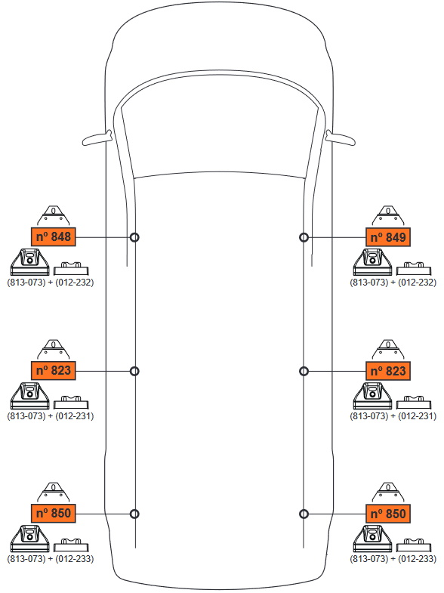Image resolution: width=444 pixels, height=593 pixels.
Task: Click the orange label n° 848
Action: [54, 236]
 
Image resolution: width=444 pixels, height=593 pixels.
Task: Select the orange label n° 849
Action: [388, 237]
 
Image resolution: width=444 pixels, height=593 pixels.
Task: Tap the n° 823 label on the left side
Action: [54, 370]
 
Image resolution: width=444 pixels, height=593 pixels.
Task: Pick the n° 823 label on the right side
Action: [388, 371]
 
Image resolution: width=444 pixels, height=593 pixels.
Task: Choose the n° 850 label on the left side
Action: [54, 513]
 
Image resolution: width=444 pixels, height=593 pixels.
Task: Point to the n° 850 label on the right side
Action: [388, 514]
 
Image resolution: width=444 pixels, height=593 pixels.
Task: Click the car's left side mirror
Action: [97, 138]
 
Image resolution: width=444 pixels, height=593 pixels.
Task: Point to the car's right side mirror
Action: [341, 138]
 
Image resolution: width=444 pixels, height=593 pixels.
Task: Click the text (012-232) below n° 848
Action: [75, 282]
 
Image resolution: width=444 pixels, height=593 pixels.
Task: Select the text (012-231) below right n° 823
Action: [417, 416]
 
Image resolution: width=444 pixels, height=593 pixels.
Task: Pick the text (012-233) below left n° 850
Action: [75, 558]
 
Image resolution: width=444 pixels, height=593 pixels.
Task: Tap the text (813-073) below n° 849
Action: [369, 282]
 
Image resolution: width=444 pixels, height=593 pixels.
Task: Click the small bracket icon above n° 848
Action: [54, 216]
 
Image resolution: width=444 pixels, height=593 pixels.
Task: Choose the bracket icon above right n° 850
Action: [388, 493]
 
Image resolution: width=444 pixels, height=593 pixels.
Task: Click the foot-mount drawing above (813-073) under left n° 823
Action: [30, 396]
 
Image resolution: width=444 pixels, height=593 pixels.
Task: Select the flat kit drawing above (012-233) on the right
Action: [414, 545]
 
